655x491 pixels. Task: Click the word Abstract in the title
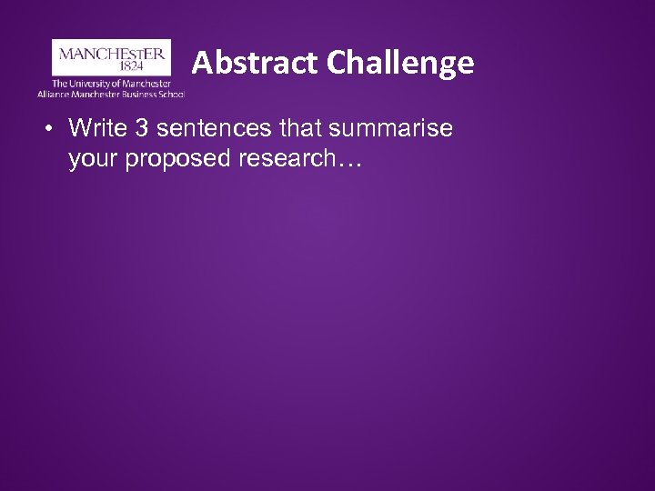[243, 63]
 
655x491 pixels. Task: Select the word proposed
[172, 161]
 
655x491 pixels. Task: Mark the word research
[283, 161]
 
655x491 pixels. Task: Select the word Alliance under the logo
[53, 94]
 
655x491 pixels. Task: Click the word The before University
[59, 84]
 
